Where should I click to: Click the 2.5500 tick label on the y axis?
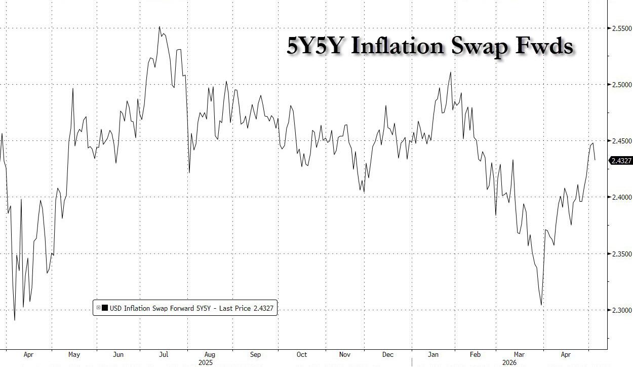621,28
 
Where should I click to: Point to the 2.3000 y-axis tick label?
621,310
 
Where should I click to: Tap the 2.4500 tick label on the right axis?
621,141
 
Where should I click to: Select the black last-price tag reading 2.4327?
620,161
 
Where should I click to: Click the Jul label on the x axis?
164,354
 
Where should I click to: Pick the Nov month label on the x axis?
345,354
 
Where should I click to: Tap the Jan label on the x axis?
433,354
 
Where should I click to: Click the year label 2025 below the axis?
206,362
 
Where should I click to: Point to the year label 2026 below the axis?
509,362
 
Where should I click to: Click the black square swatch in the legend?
104,308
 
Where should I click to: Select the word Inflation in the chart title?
398,46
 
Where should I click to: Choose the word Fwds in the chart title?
544,46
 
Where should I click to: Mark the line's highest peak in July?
160,26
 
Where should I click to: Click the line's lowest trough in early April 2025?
15,320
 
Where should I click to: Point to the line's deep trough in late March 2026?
541,305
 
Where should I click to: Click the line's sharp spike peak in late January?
451,72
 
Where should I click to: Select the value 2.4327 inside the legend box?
263,308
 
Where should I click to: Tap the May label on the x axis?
74,354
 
